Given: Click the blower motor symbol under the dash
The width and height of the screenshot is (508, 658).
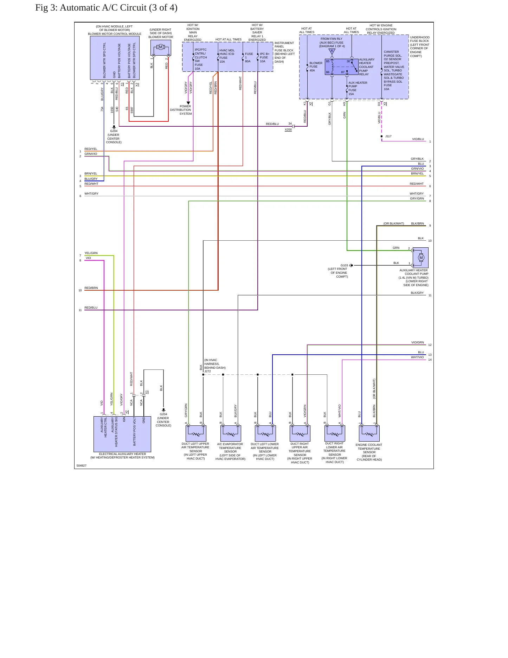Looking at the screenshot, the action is pyautogui.click(x=161, y=48).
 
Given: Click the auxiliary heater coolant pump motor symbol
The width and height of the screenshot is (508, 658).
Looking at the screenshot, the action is pyautogui.click(x=420, y=258).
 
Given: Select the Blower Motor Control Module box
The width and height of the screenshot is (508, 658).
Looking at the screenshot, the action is pyautogui.click(x=115, y=58).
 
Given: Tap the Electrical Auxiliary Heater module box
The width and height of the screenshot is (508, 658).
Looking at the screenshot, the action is pyautogui.click(x=122, y=434).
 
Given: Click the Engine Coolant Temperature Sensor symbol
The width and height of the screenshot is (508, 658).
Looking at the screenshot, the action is pyautogui.click(x=369, y=434).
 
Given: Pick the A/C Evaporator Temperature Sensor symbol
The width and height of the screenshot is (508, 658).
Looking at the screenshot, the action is pyautogui.click(x=231, y=434).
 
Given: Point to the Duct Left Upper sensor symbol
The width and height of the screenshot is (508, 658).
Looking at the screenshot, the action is pyautogui.click(x=196, y=434).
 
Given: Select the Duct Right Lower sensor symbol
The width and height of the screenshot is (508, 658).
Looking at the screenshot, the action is pyautogui.click(x=335, y=434).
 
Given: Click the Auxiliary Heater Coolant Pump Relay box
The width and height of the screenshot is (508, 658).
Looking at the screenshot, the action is pyautogui.click(x=341, y=67).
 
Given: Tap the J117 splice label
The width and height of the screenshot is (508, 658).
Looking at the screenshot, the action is pyautogui.click(x=388, y=136).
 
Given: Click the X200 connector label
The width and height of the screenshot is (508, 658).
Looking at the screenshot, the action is pyautogui.click(x=288, y=129).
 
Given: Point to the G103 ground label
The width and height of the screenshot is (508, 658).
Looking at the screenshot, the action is pyautogui.click(x=344, y=265).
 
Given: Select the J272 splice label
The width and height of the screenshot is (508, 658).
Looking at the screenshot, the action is pyautogui.click(x=207, y=371).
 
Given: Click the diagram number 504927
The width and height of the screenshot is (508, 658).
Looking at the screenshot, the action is pyautogui.click(x=82, y=466).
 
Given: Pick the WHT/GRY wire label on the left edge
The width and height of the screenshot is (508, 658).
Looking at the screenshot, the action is pyautogui.click(x=91, y=194).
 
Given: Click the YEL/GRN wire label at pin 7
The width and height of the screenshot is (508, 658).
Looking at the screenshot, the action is pyautogui.click(x=91, y=253).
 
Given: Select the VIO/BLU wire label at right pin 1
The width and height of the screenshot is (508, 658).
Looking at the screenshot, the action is pyautogui.click(x=418, y=139).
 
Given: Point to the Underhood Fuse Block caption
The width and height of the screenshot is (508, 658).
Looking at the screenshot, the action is pyautogui.click(x=420, y=46).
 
